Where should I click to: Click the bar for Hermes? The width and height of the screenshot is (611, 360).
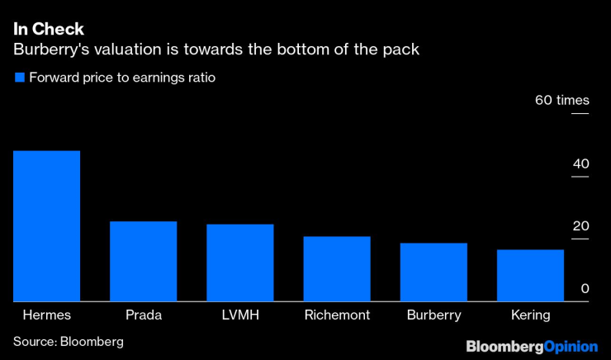tap(46, 226)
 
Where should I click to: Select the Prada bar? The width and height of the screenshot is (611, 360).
tap(143, 261)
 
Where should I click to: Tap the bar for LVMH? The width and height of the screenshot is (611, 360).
tap(239, 263)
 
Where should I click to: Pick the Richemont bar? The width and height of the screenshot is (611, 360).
tap(336, 268)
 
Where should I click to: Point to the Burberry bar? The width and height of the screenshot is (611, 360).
tap(433, 272)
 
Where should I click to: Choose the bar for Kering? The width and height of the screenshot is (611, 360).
tap(530, 275)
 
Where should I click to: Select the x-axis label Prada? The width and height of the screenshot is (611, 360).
tap(143, 315)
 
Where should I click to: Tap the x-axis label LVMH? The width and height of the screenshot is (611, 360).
tap(239, 315)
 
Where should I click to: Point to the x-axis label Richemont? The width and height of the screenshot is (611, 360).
tap(337, 315)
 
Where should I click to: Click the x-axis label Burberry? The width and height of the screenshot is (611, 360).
tap(433, 315)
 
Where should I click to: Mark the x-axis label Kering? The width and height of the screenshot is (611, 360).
tap(530, 315)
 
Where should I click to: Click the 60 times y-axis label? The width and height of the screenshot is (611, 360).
tap(561, 101)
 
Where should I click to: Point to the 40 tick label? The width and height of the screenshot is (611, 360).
tap(581, 164)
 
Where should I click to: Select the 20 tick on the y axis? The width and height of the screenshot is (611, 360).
tap(581, 226)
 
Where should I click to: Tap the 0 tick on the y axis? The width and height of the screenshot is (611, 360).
tap(585, 288)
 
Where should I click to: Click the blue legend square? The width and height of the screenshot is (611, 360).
tap(18, 78)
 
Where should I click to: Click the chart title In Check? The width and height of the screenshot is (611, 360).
tap(48, 29)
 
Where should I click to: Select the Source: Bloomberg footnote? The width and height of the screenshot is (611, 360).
tap(68, 341)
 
